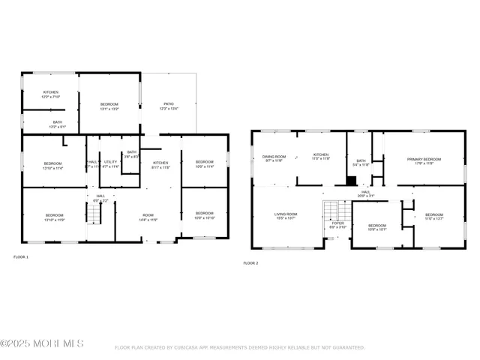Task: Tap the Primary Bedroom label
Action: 424,159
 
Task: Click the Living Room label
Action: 286,214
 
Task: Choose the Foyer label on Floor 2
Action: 337,223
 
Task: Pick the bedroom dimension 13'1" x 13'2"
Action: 109,109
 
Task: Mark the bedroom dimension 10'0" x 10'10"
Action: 205,218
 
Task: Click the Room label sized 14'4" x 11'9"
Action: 147,220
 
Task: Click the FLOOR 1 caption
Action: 21,257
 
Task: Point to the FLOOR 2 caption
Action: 250,263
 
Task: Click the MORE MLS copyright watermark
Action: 42,344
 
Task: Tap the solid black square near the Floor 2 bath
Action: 351,180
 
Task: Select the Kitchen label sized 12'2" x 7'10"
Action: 50,97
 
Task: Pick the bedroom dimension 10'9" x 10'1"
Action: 376,230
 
